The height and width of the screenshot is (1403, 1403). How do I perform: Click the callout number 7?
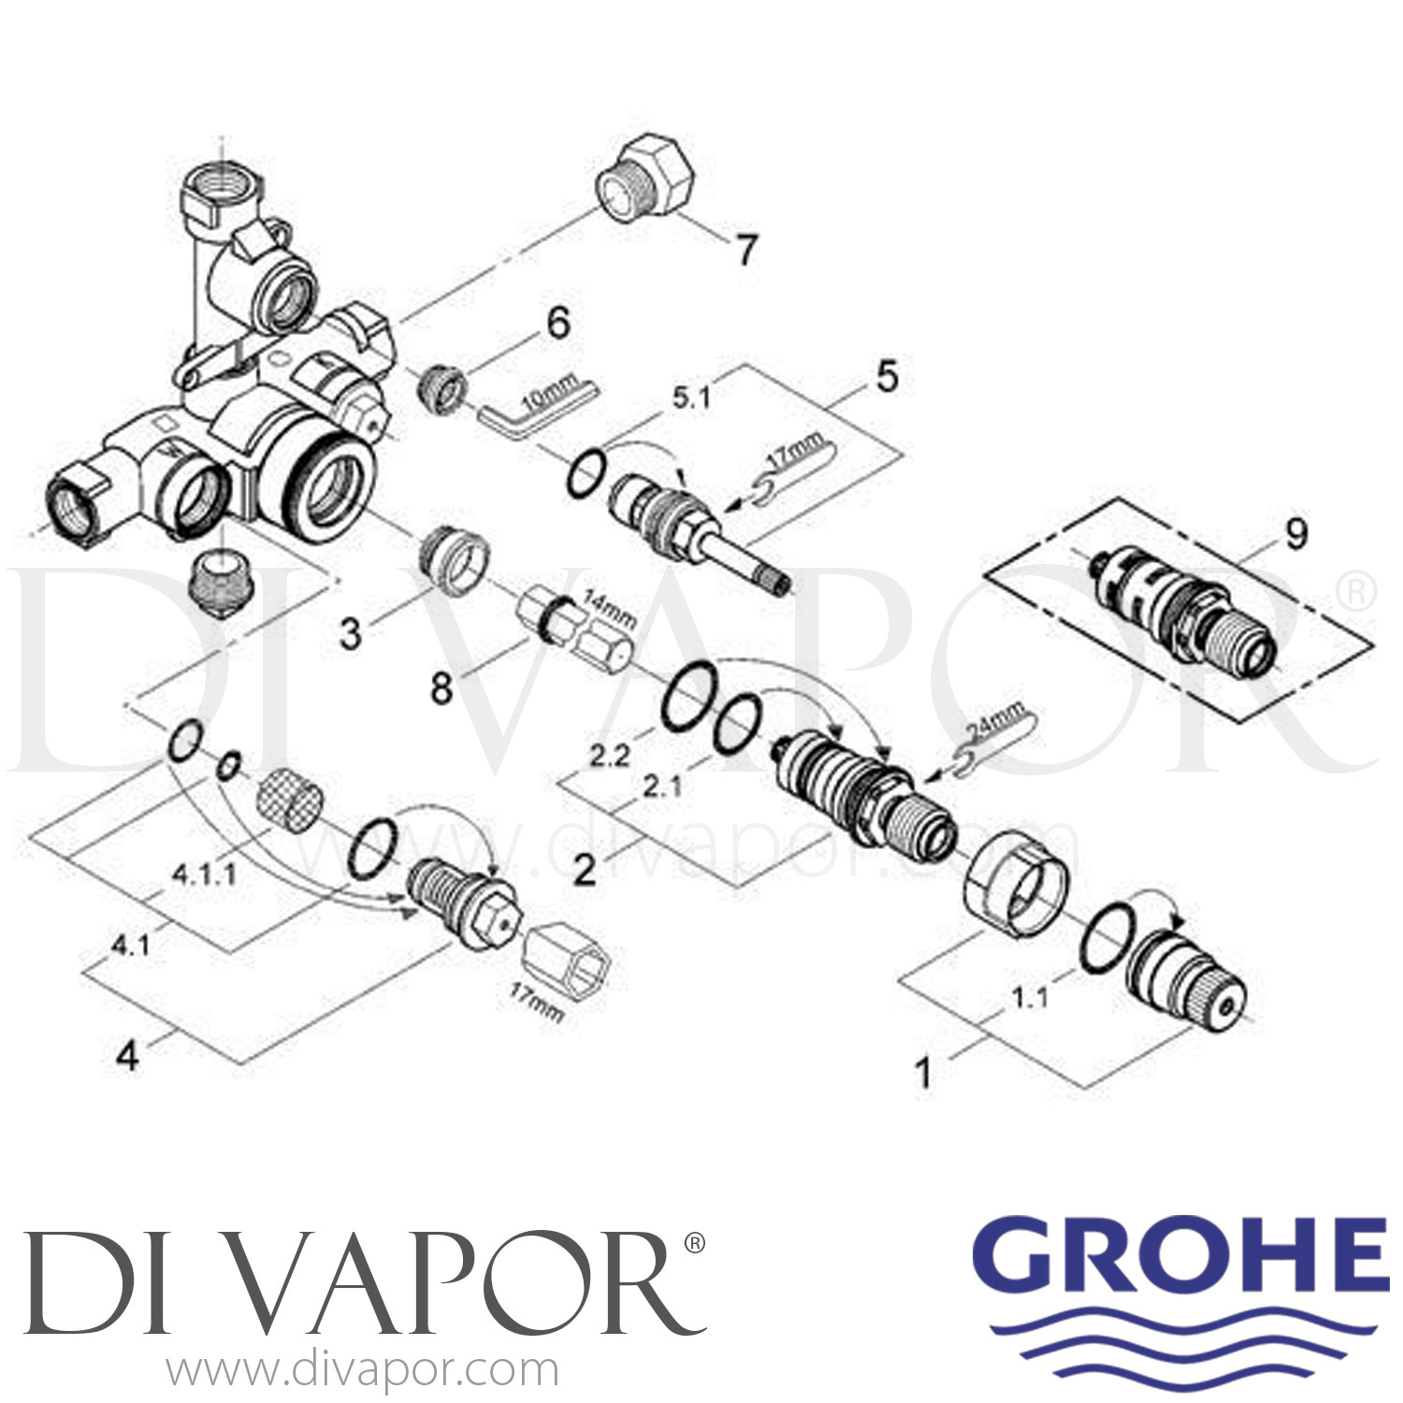pyautogui.click(x=745, y=250)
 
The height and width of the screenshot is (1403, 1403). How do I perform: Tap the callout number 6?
pyautogui.click(x=557, y=324)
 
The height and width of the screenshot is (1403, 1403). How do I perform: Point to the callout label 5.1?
pyautogui.click(x=689, y=398)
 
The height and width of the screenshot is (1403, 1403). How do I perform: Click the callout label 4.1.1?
pyautogui.click(x=203, y=875)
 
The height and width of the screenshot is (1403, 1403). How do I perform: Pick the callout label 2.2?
pyautogui.click(x=609, y=756)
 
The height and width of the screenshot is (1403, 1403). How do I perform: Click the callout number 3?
pyautogui.click(x=350, y=633)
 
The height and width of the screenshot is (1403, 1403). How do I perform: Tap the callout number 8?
pyautogui.click(x=441, y=689)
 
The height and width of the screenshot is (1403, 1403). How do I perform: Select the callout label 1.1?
pyautogui.click(x=1029, y=998)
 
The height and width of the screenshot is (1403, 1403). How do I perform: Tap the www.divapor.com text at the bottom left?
pyautogui.click(x=362, y=1370)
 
